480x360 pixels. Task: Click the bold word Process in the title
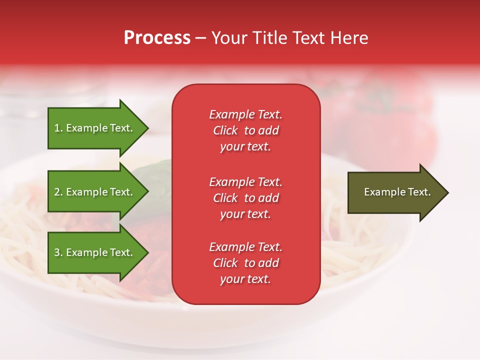(157, 38)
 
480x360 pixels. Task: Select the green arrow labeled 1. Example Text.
(95, 128)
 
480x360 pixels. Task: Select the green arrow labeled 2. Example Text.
(95, 192)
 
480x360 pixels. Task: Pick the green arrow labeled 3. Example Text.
(95, 252)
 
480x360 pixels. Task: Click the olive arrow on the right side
(395, 192)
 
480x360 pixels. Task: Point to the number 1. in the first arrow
(58, 128)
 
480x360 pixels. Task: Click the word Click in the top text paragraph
(225, 130)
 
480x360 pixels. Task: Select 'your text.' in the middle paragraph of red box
(245, 214)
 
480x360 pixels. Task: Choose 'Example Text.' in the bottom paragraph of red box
(245, 247)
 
